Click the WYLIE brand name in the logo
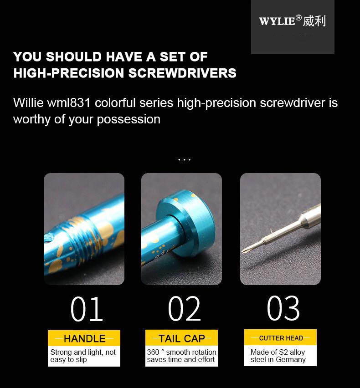(277, 21)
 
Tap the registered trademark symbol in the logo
(299, 18)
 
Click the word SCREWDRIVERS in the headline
(182, 73)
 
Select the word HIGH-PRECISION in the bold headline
(69, 73)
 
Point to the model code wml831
(69, 102)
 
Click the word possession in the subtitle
(129, 120)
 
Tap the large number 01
(87, 309)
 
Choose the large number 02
(184, 309)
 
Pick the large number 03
(283, 308)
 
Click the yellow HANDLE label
(84, 338)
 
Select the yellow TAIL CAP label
(181, 338)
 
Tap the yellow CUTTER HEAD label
(280, 337)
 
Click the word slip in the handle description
(81, 360)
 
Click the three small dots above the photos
(185, 160)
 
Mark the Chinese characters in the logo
(314, 21)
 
